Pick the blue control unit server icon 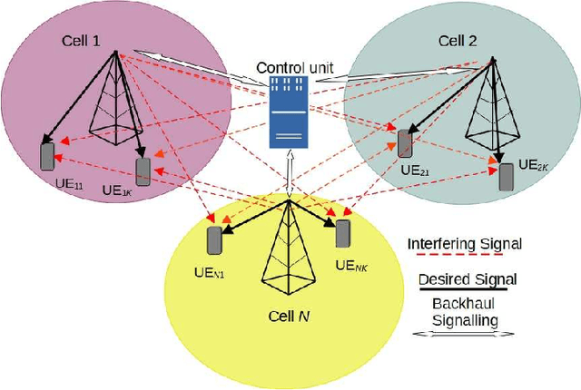pos(290,112)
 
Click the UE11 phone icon pos(48,155)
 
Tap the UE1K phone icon pos(143,171)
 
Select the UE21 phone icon pos(404,143)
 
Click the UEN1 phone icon pos(215,240)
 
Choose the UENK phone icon pos(344,232)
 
